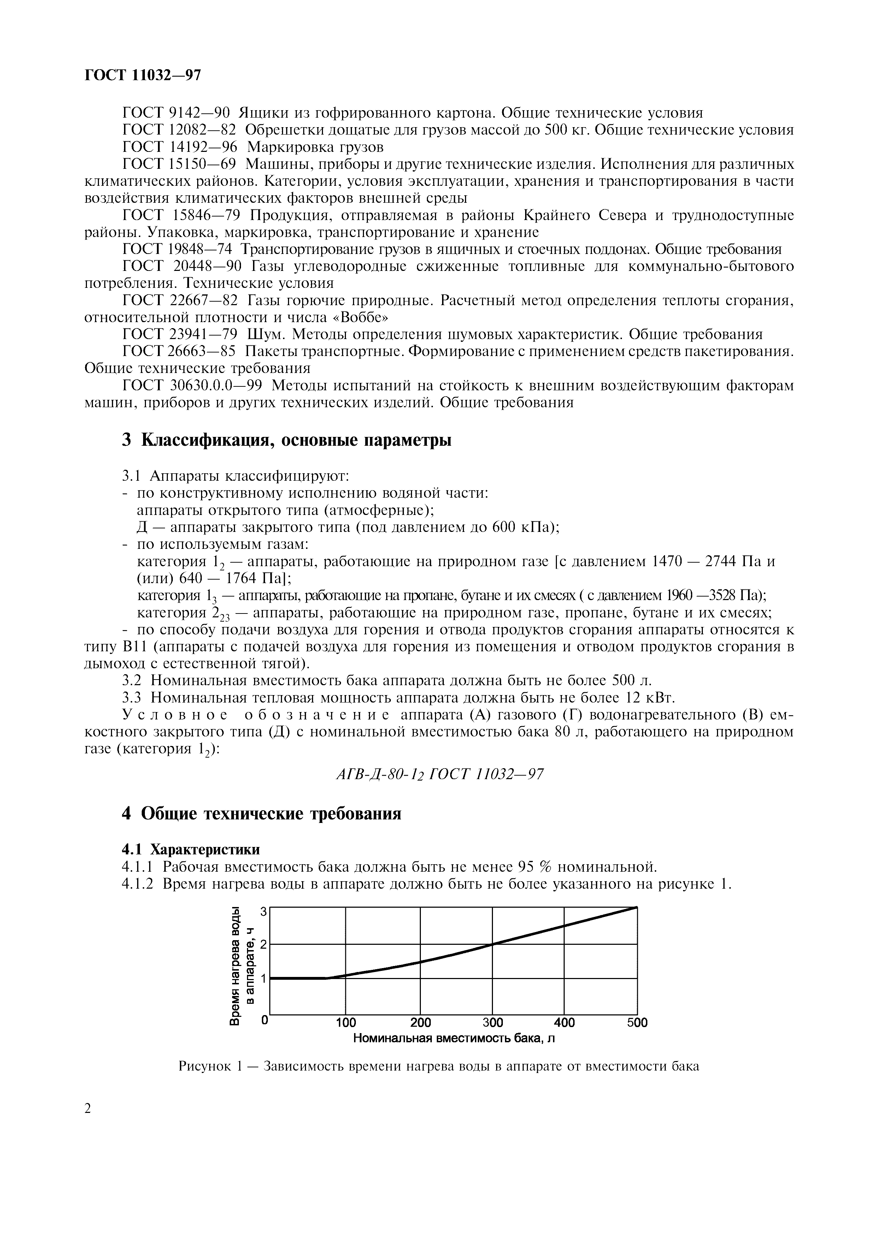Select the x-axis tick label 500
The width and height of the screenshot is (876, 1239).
[637, 1022]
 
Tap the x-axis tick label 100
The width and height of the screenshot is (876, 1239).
[346, 1022]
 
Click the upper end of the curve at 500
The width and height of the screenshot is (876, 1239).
[636, 908]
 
